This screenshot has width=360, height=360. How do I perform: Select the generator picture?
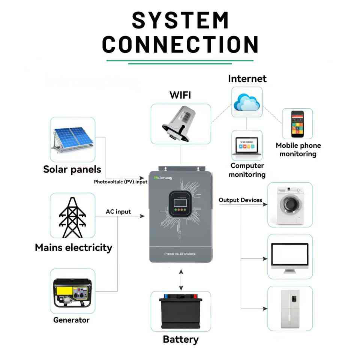[72, 292]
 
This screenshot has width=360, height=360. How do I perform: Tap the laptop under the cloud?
[247, 146]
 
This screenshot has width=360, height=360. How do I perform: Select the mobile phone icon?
[297, 124]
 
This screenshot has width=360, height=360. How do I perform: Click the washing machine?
[290, 204]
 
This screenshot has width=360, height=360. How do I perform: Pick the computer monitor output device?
[289, 257]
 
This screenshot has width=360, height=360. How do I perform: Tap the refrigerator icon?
[290, 309]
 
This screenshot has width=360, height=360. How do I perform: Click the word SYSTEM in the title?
[180, 20]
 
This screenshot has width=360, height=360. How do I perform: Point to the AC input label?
[118, 212]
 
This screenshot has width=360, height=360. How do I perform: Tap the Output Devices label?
[240, 200]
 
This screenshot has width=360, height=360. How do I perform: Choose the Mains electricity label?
[73, 247]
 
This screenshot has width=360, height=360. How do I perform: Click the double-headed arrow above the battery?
[181, 280]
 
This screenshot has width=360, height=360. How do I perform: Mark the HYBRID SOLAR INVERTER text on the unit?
[180, 254]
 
